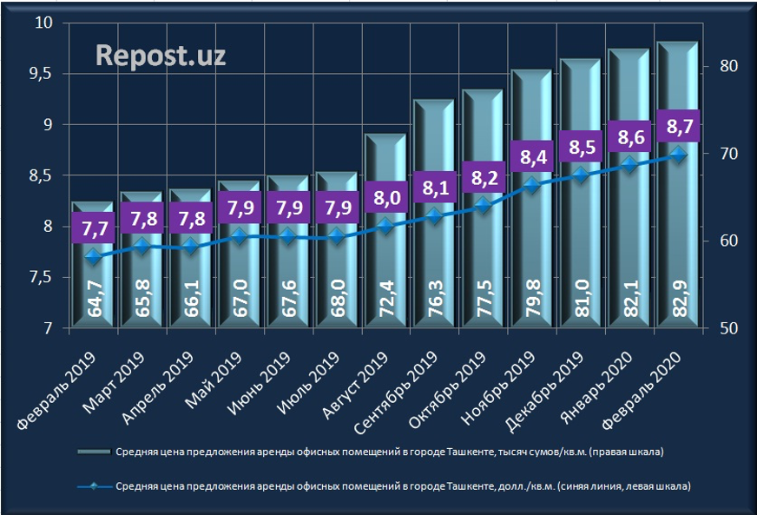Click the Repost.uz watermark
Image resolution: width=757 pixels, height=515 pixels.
click(x=161, y=56)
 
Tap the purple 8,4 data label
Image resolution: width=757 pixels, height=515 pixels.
click(x=531, y=158)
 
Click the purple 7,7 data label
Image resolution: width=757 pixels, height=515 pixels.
click(x=91, y=230)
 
